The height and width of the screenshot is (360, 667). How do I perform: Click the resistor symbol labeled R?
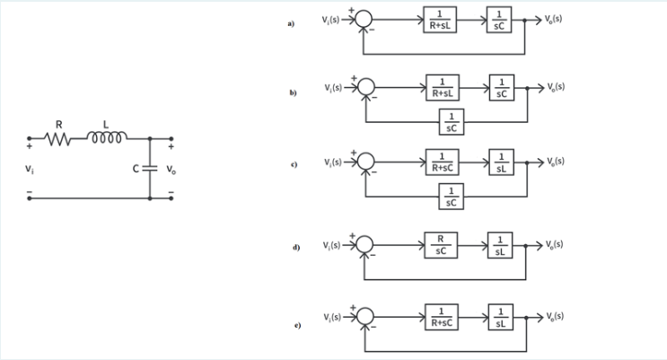tap(58, 139)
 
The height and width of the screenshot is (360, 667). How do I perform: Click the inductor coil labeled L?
tap(105, 138)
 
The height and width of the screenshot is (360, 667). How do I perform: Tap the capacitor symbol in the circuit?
tap(150, 168)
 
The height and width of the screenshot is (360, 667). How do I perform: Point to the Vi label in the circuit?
tap(31, 168)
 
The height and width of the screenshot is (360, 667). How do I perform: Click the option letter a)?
tap(290, 24)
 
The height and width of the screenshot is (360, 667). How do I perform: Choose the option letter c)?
tap(290, 166)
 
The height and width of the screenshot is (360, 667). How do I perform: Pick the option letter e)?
tap(290, 325)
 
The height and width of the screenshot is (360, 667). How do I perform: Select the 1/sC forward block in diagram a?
tap(498, 21)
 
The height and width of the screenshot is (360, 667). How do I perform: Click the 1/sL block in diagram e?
tap(498, 320)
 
